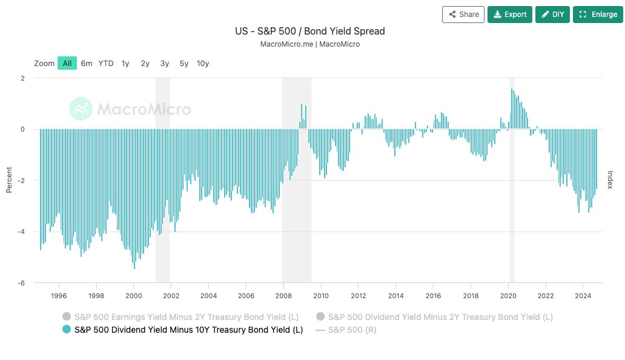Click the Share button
pyautogui.click(x=463, y=15)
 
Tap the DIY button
pyautogui.click(x=552, y=15)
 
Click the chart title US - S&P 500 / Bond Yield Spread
pyautogui.click(x=310, y=31)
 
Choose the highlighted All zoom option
pyautogui.click(x=67, y=63)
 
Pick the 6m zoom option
pyautogui.click(x=87, y=63)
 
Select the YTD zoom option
pyautogui.click(x=106, y=63)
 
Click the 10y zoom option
pyautogui.click(x=203, y=63)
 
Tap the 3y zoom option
pyautogui.click(x=165, y=63)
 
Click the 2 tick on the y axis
pyautogui.click(x=22, y=78)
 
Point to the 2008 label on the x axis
pyautogui.click(x=283, y=296)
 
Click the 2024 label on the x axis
pyautogui.click(x=583, y=296)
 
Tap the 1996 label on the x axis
pyautogui.click(x=59, y=296)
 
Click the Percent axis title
pyautogui.click(x=9, y=181)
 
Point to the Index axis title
pyautogui.click(x=610, y=180)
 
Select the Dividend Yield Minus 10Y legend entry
pyautogui.click(x=188, y=330)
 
